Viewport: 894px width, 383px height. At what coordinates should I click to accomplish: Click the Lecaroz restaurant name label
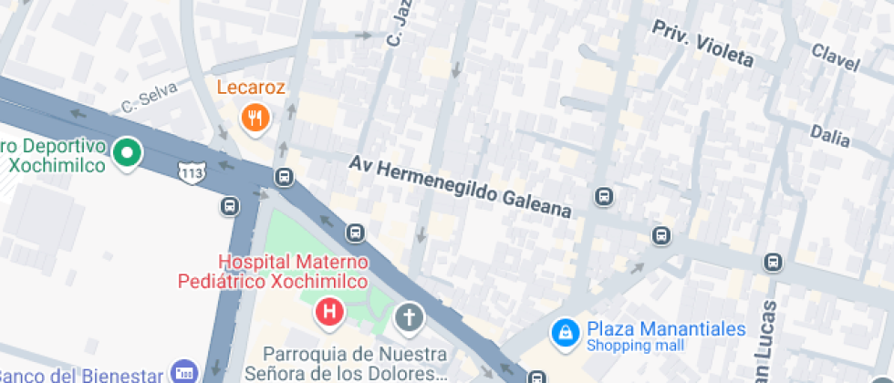tap(251, 88)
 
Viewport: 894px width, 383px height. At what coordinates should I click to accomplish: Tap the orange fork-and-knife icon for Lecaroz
tap(255, 117)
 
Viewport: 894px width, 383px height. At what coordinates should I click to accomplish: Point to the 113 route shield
tap(192, 170)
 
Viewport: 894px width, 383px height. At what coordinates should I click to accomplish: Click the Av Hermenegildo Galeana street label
tap(461, 186)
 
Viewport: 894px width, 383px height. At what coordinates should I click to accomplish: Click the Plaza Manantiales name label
tap(666, 329)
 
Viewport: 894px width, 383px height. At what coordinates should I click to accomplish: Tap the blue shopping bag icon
tap(566, 333)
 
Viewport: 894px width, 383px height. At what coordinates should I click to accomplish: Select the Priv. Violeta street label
tap(702, 45)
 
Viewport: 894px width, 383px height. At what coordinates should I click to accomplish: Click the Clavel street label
tap(835, 57)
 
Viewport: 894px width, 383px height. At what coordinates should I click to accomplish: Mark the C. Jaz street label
tap(395, 26)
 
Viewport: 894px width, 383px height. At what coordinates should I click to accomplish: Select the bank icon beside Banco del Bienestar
tap(184, 372)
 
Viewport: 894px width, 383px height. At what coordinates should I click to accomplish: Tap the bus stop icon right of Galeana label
tap(604, 195)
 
